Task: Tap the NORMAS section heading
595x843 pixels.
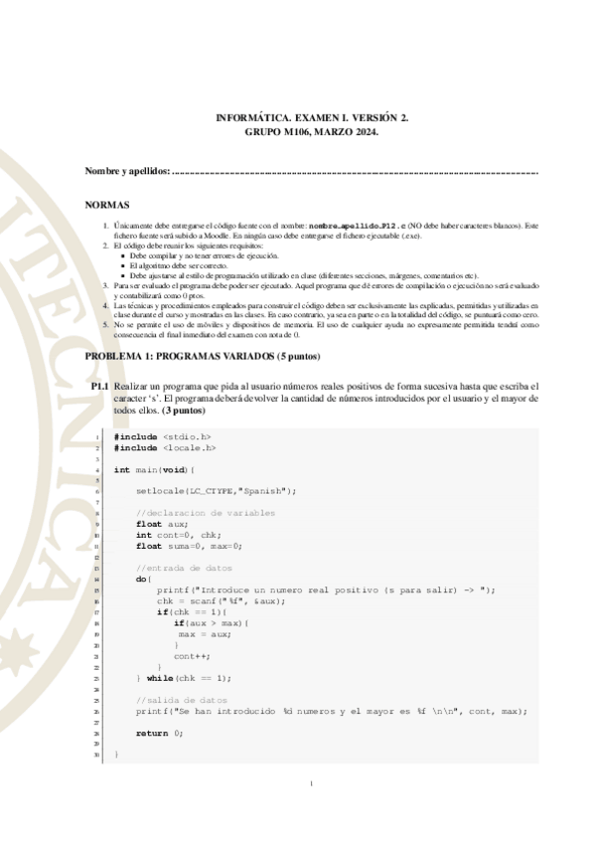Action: click(x=108, y=204)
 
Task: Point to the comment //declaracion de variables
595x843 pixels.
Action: click(x=206, y=513)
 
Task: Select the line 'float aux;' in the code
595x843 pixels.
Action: click(x=162, y=524)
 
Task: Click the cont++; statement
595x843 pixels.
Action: click(x=191, y=656)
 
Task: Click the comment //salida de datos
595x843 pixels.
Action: click(x=182, y=700)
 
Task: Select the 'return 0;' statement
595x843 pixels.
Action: click(x=159, y=733)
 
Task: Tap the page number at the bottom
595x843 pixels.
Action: click(x=311, y=785)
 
